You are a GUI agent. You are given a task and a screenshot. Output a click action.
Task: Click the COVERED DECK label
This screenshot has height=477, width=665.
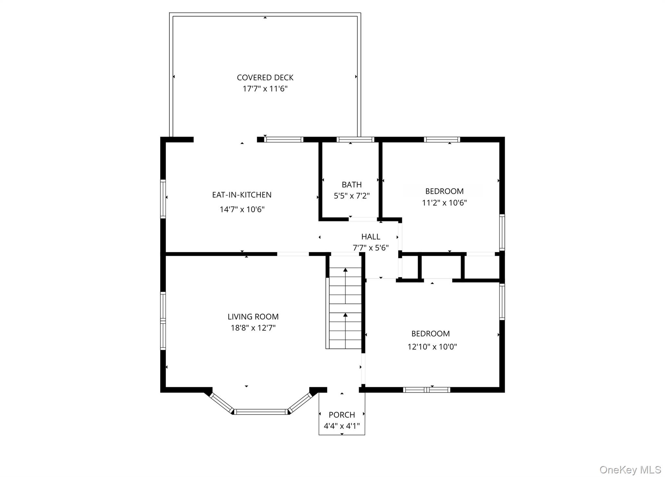pos(265,78)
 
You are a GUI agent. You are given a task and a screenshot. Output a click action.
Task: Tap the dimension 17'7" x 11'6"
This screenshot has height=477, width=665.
pos(265,89)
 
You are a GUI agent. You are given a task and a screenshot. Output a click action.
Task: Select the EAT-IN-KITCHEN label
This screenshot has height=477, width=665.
pos(242,195)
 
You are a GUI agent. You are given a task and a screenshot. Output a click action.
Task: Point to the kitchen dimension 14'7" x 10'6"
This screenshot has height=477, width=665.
pos(242,209)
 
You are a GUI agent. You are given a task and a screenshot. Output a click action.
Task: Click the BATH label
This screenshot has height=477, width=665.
pos(352,185)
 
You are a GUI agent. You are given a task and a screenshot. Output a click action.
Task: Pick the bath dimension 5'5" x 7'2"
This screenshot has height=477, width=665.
pos(352,196)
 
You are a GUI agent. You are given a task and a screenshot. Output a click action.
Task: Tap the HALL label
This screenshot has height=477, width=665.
pos(370,237)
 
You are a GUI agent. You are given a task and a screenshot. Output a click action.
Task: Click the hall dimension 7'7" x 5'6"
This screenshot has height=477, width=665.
pos(370,248)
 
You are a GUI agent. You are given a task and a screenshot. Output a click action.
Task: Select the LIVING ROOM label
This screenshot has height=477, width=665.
pos(253,317)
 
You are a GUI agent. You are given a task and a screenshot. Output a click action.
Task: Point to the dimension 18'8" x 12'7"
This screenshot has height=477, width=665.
pos(253,328)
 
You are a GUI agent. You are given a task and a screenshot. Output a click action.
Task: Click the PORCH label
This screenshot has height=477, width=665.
pos(342,415)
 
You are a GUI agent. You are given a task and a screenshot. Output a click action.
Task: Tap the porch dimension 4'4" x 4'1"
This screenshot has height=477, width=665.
pos(342,426)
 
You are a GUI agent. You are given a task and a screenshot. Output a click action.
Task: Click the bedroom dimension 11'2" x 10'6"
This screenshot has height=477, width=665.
pos(444,203)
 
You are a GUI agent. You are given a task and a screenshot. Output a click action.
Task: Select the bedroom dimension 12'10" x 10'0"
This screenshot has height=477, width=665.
pos(432,347)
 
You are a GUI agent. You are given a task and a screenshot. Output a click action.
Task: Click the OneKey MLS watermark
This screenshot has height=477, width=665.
pos(630,470)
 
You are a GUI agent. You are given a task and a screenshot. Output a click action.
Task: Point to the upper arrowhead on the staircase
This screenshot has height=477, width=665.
pos(345,270)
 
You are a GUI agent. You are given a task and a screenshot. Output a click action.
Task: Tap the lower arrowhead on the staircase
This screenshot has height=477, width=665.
pos(345,315)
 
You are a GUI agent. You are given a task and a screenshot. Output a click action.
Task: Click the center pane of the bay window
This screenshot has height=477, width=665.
pos(261,412)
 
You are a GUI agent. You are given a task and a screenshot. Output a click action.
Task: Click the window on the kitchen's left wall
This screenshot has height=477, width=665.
pos(163,199)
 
